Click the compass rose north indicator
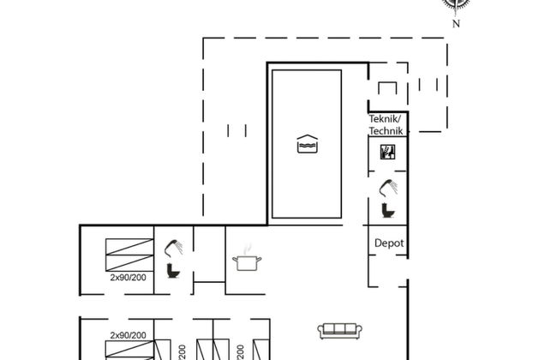(456, 4)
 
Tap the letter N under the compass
(456, 23)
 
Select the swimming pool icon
(307, 144)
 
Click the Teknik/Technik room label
(386, 124)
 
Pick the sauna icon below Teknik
(387, 152)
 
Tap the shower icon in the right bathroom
(389, 187)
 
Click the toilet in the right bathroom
(386, 209)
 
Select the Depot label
(388, 243)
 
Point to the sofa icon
(337, 331)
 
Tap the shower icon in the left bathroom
(176, 247)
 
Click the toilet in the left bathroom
(174, 270)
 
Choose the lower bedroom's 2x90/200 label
(128, 335)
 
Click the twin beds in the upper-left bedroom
(128, 255)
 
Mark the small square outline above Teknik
(387, 89)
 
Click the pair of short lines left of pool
(237, 130)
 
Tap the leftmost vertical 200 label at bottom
(182, 351)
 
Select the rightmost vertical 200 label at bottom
(241, 351)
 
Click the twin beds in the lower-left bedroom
(128, 350)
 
